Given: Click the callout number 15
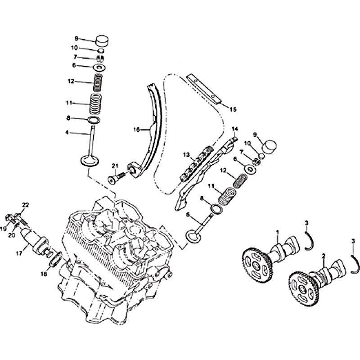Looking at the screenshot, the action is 233,109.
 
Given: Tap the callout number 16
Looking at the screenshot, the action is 136,130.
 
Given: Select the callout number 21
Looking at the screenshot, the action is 115,166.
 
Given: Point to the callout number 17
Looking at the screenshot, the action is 19,253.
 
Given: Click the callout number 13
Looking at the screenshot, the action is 186,155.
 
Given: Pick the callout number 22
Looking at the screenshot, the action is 26,205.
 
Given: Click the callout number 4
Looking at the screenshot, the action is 67,132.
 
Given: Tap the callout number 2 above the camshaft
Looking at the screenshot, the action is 324,256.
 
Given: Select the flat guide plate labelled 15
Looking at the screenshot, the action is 204,88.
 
